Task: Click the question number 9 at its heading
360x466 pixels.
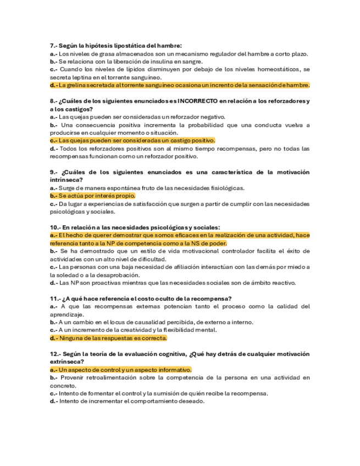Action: coord(52,173)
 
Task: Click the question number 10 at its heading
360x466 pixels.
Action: coord(54,228)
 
